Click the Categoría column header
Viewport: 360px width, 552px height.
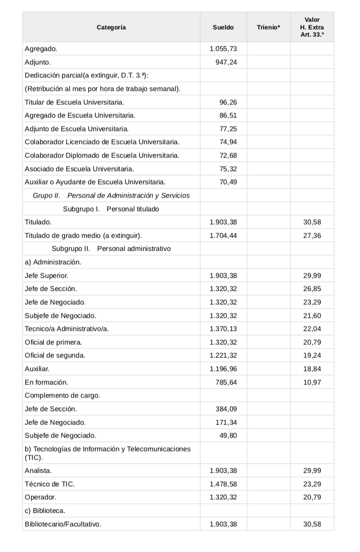click(111, 27)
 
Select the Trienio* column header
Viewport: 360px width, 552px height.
click(268, 27)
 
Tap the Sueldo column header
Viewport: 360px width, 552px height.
click(223, 27)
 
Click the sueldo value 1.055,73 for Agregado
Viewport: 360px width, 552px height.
click(223, 49)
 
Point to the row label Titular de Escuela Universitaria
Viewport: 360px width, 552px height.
click(75, 102)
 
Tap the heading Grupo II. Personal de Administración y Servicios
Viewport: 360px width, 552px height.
click(111, 195)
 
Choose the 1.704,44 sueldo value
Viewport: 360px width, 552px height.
click(223, 235)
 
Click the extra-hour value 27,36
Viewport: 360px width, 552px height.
click(312, 235)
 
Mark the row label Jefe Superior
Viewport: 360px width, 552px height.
click(47, 276)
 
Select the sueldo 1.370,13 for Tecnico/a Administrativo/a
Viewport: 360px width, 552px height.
click(223, 329)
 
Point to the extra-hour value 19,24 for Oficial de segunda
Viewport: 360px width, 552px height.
click(312, 355)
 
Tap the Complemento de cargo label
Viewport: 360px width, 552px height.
click(63, 395)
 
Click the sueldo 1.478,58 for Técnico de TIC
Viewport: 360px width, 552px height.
click(223, 484)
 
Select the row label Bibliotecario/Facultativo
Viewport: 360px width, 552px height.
click(63, 524)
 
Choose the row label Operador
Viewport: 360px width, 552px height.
click(40, 498)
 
